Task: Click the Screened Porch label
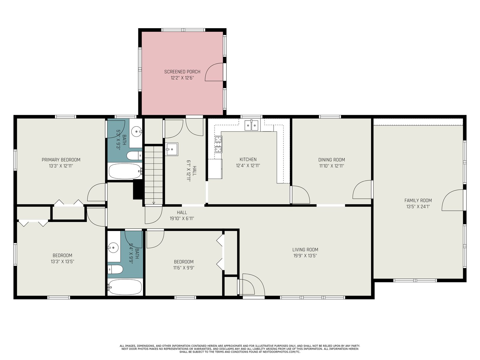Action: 182,72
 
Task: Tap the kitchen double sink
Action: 251,125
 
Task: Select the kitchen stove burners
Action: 218,144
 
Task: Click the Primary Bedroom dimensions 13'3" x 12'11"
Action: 61,166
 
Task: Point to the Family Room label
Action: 418,200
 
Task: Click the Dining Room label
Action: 331,160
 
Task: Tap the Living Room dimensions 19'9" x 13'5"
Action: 305,256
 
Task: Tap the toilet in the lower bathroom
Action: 115,269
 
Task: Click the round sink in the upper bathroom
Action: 137,132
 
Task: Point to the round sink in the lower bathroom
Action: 113,248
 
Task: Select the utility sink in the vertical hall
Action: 172,149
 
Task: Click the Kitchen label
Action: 248,160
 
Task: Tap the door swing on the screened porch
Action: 214,72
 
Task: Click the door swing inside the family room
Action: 452,200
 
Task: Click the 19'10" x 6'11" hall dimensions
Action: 182,218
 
